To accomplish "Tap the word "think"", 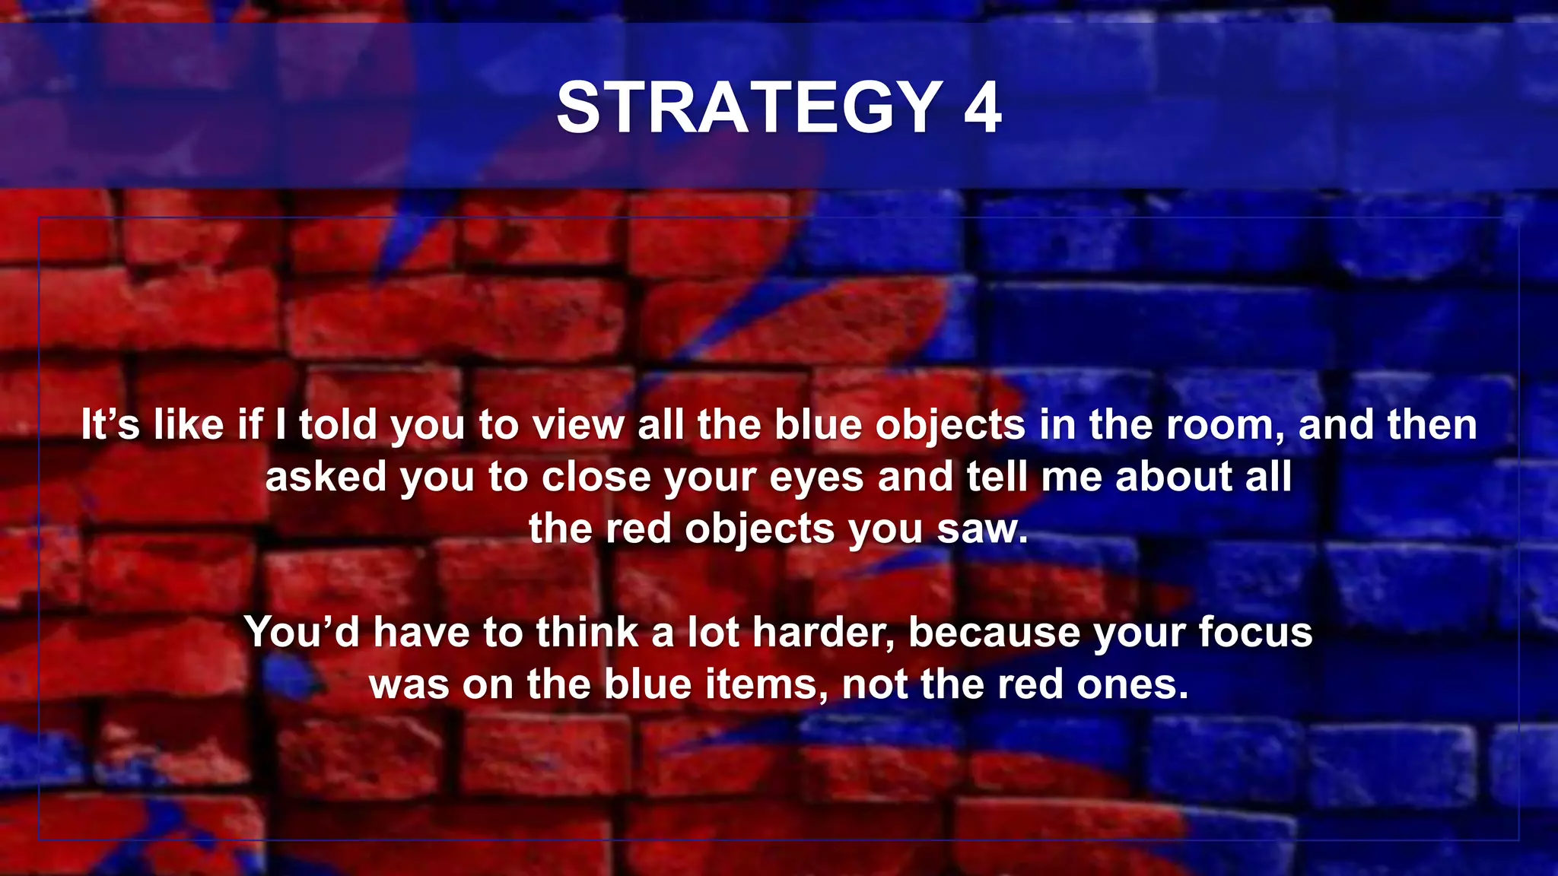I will pos(587,632).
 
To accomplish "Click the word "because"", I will pos(994,632).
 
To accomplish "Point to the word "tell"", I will pos(997,478).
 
